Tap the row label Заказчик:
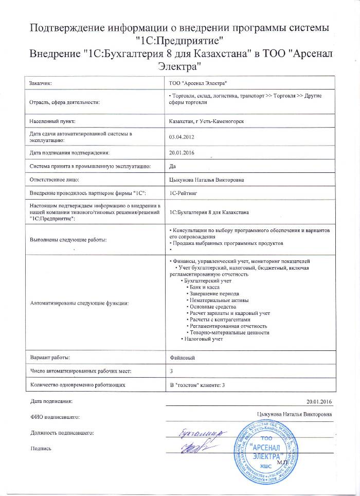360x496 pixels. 41,82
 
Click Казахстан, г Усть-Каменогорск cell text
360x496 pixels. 203,121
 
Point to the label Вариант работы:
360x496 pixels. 50,357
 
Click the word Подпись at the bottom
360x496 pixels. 41,449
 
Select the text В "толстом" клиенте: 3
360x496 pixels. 198,384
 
